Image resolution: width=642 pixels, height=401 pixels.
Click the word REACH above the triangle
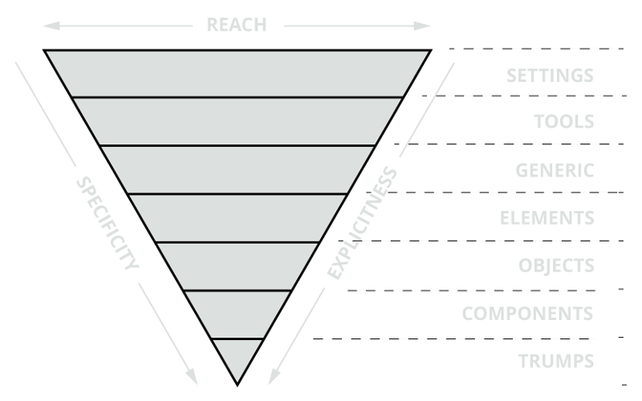tap(236, 24)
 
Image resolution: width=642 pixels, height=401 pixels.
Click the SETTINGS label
tap(550, 76)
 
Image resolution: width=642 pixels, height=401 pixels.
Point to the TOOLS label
tap(565, 122)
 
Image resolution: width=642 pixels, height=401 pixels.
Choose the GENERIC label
tap(555, 170)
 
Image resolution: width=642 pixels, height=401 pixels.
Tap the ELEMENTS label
tap(547, 218)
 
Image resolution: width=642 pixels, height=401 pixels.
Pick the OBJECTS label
tap(556, 265)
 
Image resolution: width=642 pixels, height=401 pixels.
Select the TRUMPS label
tap(556, 360)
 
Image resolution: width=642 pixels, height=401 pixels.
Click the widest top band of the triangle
tap(238, 73)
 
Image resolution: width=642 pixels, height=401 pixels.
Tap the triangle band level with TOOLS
tap(238, 121)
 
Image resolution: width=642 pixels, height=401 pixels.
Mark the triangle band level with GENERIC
tap(238, 169)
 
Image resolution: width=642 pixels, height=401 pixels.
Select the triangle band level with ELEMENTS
tap(238, 217)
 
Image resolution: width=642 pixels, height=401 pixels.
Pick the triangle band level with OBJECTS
tap(238, 265)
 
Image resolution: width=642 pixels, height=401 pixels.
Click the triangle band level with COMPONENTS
tap(238, 314)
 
